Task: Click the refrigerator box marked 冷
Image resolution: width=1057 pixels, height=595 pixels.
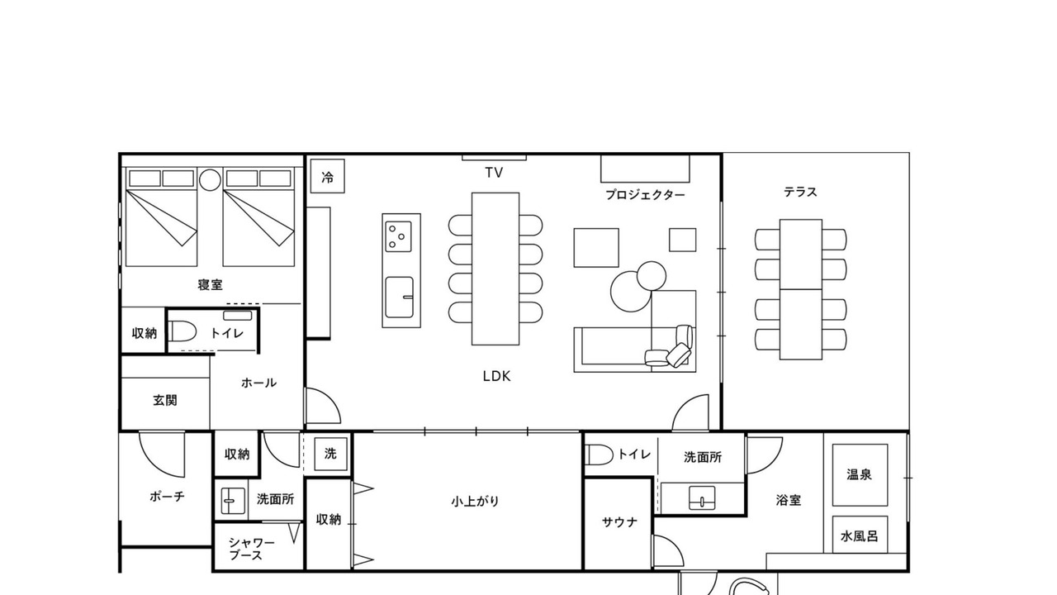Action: pos(328,176)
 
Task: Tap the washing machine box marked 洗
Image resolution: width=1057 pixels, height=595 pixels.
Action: pos(331,454)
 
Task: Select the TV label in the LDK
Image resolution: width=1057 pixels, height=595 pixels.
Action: pos(494,173)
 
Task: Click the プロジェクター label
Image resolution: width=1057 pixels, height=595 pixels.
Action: pos(645,194)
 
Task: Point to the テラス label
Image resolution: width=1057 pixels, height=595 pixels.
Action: pos(800,192)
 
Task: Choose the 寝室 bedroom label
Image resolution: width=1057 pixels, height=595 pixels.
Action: pos(210,284)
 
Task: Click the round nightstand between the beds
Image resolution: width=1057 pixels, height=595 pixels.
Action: pos(210,180)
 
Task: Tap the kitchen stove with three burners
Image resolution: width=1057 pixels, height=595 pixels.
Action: pos(398,236)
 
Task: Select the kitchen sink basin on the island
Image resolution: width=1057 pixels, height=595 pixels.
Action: pos(399,297)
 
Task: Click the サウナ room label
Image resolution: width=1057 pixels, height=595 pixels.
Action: pos(619,521)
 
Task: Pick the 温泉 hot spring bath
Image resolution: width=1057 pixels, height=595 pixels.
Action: pos(860,474)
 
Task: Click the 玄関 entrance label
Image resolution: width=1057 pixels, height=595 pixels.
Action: pos(165,401)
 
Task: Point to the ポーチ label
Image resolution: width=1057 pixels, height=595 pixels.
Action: pos(167,497)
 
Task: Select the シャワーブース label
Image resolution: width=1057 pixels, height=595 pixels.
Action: pos(252,549)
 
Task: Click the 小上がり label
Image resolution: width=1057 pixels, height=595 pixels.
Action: pos(475,501)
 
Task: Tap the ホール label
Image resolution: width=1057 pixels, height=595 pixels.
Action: pos(258,383)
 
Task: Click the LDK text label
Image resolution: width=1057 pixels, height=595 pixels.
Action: pos(496,376)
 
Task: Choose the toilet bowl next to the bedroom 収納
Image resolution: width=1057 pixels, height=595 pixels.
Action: pos(182,331)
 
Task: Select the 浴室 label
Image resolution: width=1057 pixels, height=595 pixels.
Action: pos(789,500)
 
